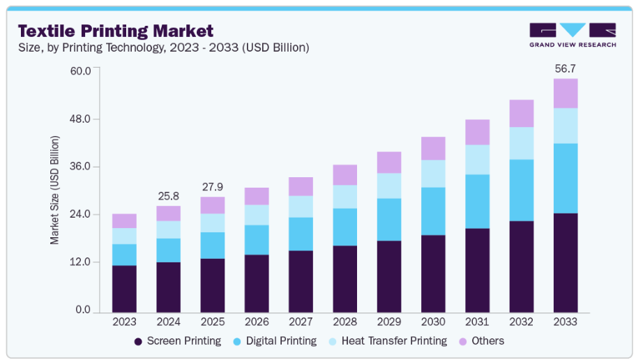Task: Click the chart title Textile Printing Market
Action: (x=116, y=31)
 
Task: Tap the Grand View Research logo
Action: (x=573, y=35)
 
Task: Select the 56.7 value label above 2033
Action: (x=565, y=69)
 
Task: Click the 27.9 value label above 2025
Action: (x=212, y=188)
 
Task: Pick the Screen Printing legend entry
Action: (x=177, y=341)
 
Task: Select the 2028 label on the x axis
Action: (x=344, y=322)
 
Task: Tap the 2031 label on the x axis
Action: (x=477, y=322)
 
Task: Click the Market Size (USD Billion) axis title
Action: (x=54, y=189)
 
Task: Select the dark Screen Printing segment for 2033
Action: (x=565, y=262)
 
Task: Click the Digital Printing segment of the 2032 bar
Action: (x=521, y=190)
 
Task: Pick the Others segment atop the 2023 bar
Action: (x=124, y=220)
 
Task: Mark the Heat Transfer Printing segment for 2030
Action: (x=433, y=173)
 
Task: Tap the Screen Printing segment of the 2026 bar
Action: (x=257, y=283)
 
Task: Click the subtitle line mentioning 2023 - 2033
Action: (x=163, y=47)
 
